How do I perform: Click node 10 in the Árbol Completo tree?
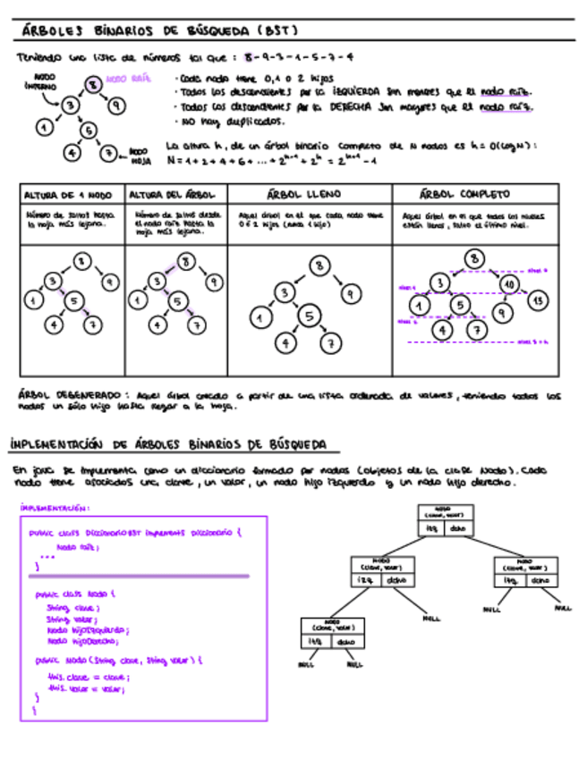point(509,283)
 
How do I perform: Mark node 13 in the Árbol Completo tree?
point(536,301)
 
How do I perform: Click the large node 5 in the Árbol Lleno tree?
point(309,316)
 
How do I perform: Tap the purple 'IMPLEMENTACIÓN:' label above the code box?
point(55,508)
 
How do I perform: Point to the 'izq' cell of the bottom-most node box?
point(314,641)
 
